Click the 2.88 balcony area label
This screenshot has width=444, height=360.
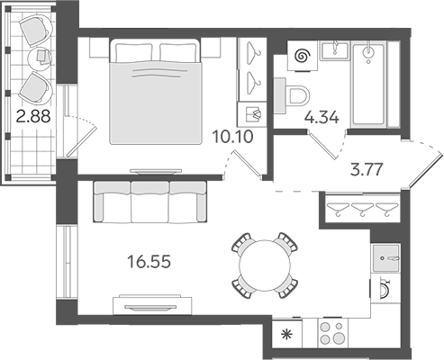tap(33, 116)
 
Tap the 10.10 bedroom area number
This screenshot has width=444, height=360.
tap(232, 137)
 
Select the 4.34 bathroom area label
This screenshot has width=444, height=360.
tap(322, 117)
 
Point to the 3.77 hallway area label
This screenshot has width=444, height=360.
tap(367, 169)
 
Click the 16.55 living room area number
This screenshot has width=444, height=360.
tap(150, 261)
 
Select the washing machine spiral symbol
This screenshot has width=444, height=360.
tap(303, 56)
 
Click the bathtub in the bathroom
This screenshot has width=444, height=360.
tap(369, 84)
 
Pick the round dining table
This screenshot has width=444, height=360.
tap(265, 265)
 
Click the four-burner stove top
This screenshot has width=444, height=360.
tap(333, 333)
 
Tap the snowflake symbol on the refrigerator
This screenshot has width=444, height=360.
tap(287, 334)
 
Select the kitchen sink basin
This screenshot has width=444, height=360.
tap(386, 258)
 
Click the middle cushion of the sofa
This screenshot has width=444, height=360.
tap(150, 202)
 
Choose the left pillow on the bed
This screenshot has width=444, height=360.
tap(133, 52)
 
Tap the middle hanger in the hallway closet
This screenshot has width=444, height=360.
tap(362, 209)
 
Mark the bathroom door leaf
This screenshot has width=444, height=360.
tap(322, 145)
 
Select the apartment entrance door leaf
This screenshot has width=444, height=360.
tap(426, 171)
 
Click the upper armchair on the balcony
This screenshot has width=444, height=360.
tap(36, 30)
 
